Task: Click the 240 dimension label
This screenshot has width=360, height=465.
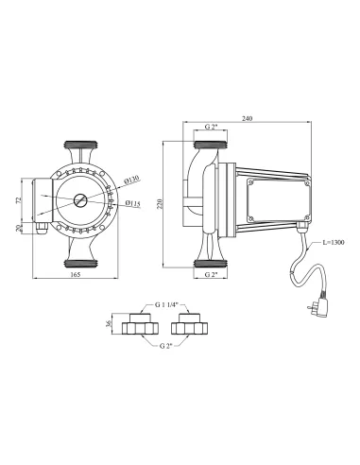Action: coord(248,119)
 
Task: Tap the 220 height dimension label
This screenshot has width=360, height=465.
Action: coord(160,204)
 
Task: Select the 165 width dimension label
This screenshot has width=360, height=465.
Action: coord(76,274)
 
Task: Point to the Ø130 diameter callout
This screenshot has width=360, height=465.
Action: coord(131,181)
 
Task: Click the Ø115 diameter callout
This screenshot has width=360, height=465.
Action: coord(132,203)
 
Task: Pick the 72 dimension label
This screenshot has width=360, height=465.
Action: coord(18,200)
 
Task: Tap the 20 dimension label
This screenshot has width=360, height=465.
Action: coord(18,228)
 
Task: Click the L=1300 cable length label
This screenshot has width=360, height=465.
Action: coord(334,242)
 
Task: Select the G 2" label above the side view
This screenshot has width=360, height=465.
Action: coord(212,127)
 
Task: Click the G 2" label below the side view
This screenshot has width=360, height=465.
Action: coord(212,274)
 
